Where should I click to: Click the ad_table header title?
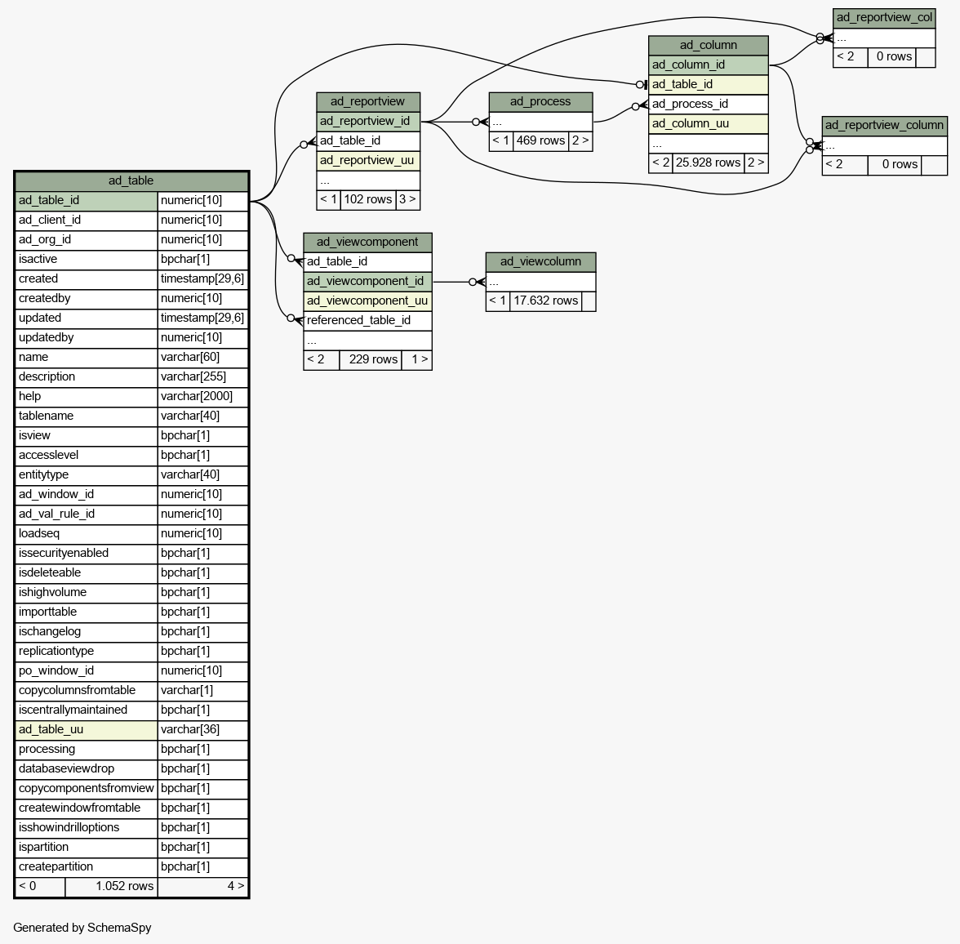click(x=131, y=180)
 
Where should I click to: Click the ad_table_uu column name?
click(x=51, y=729)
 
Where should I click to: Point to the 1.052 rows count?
click(x=124, y=886)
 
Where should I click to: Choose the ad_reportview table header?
click(x=368, y=102)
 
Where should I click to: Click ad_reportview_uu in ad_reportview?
click(x=367, y=161)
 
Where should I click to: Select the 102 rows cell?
click(x=368, y=200)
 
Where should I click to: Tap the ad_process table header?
click(x=540, y=102)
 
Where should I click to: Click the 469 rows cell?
click(x=540, y=141)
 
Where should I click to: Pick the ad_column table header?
click(x=709, y=46)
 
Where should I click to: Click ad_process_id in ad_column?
click(x=690, y=105)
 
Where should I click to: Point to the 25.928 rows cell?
click(x=709, y=163)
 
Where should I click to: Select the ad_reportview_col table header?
click(x=884, y=18)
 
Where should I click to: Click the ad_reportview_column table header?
click(x=884, y=126)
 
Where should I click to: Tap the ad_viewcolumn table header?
click(x=540, y=261)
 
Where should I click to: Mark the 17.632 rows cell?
click(x=545, y=301)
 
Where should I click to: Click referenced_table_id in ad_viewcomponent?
click(x=359, y=320)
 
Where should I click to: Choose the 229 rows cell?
click(x=373, y=359)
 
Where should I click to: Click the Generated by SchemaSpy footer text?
click(x=82, y=928)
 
